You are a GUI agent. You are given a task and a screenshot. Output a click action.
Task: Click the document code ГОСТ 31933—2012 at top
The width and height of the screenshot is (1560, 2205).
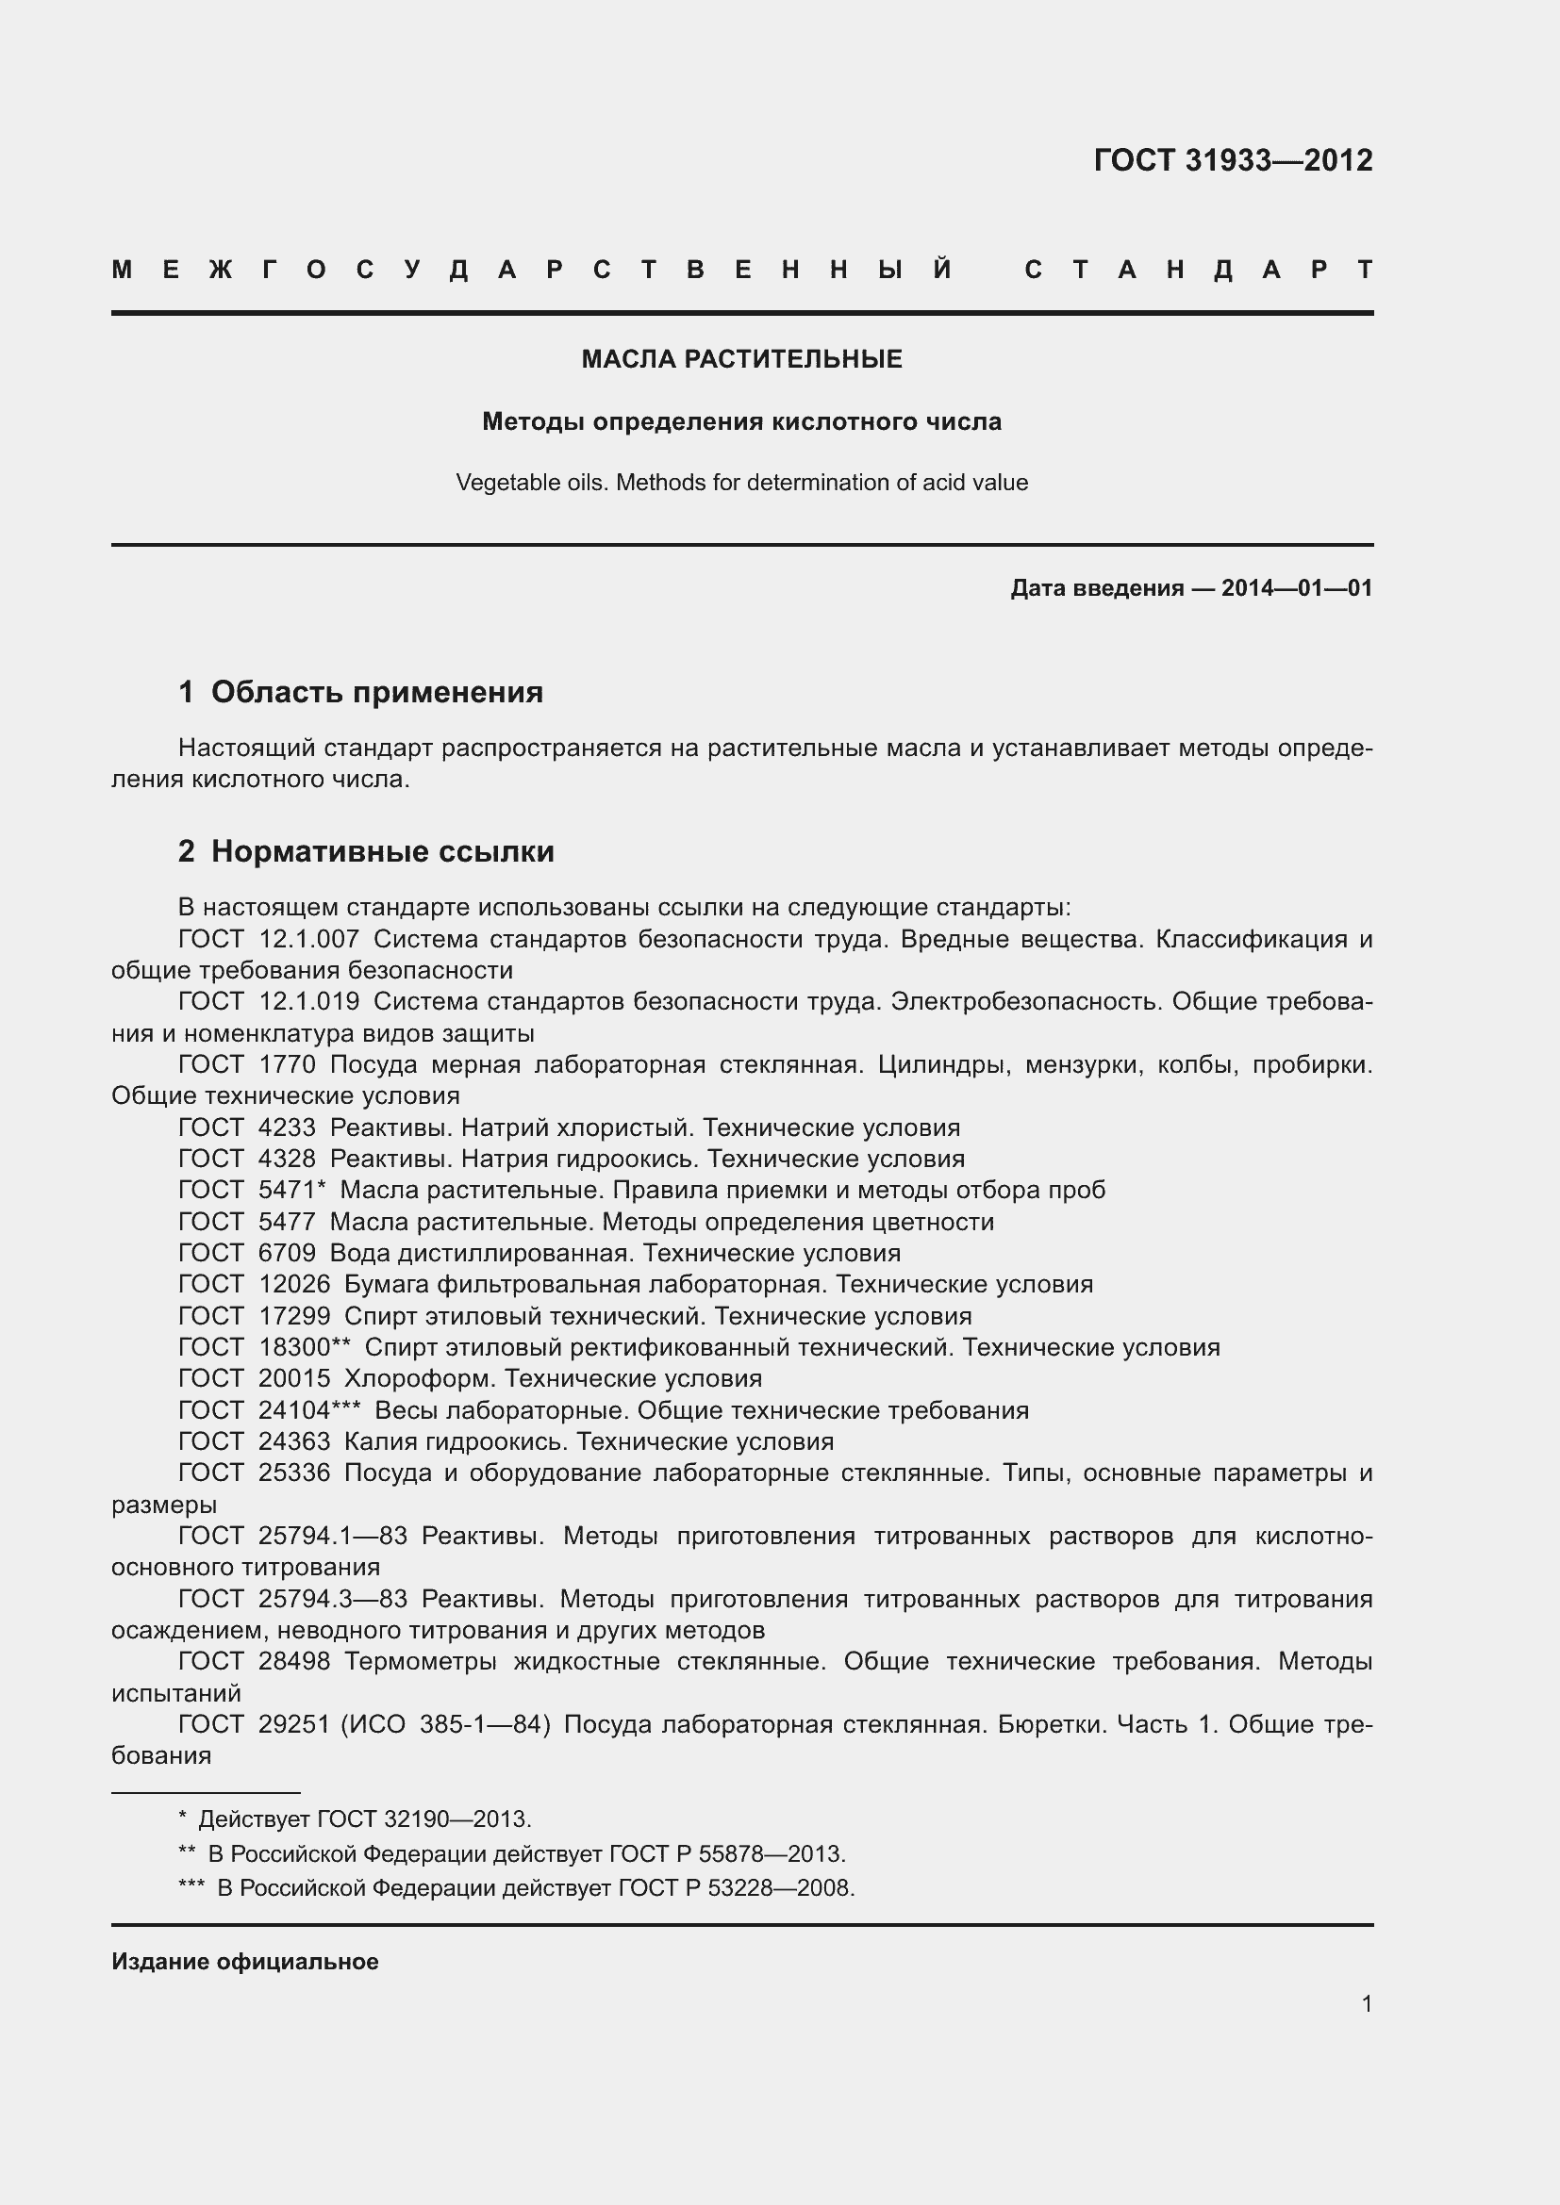click(1233, 159)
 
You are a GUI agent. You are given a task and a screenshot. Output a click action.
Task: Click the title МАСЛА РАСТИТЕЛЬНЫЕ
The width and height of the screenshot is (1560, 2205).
click(741, 359)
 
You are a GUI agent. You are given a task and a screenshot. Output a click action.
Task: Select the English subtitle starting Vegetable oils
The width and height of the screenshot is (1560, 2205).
click(741, 482)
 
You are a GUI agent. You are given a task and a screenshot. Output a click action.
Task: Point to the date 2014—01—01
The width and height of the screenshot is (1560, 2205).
click(1296, 587)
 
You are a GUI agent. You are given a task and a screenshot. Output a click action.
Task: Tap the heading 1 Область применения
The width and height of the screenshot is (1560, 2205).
click(360, 691)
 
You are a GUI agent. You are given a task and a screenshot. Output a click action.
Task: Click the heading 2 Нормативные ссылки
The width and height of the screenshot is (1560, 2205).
click(366, 851)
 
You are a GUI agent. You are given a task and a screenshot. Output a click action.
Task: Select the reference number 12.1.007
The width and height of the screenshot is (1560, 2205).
click(308, 938)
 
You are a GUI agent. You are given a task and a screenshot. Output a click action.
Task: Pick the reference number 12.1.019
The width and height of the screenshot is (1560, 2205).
click(308, 1001)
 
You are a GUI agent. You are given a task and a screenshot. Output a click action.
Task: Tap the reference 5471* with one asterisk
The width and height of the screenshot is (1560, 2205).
click(292, 1190)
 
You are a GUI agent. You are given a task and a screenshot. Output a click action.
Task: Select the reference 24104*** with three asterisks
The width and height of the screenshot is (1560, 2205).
click(308, 1409)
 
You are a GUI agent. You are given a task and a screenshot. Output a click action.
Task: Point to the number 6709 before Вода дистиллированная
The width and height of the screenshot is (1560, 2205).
click(287, 1252)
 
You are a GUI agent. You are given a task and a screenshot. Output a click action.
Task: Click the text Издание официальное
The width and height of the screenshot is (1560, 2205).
click(245, 1961)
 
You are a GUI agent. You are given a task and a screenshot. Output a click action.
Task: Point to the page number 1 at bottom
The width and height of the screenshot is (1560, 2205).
click(1366, 2003)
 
